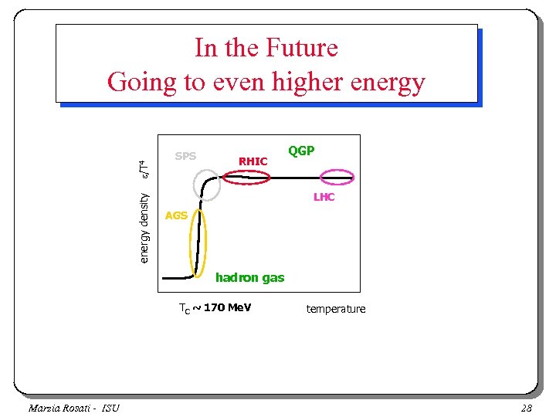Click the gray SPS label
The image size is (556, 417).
tap(185, 156)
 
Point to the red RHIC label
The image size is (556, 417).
tap(253, 161)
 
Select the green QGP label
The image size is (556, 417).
tap(301, 151)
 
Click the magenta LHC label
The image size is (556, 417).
tap(324, 198)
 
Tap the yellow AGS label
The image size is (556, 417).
tap(176, 215)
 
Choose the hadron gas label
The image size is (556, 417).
tap(249, 277)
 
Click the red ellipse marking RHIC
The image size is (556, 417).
tap(246, 177)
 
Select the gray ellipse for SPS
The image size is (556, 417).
tap(207, 183)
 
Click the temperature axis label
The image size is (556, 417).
tap(336, 309)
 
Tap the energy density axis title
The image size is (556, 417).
tap(144, 226)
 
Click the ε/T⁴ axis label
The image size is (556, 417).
tap(144, 165)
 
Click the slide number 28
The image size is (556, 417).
tap(527, 408)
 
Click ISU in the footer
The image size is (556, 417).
tap(110, 408)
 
